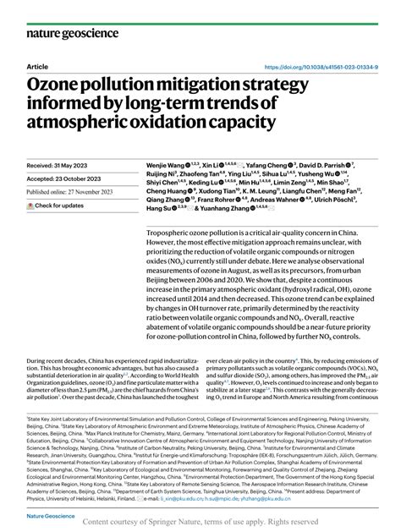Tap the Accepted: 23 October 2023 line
click(x=69, y=179)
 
